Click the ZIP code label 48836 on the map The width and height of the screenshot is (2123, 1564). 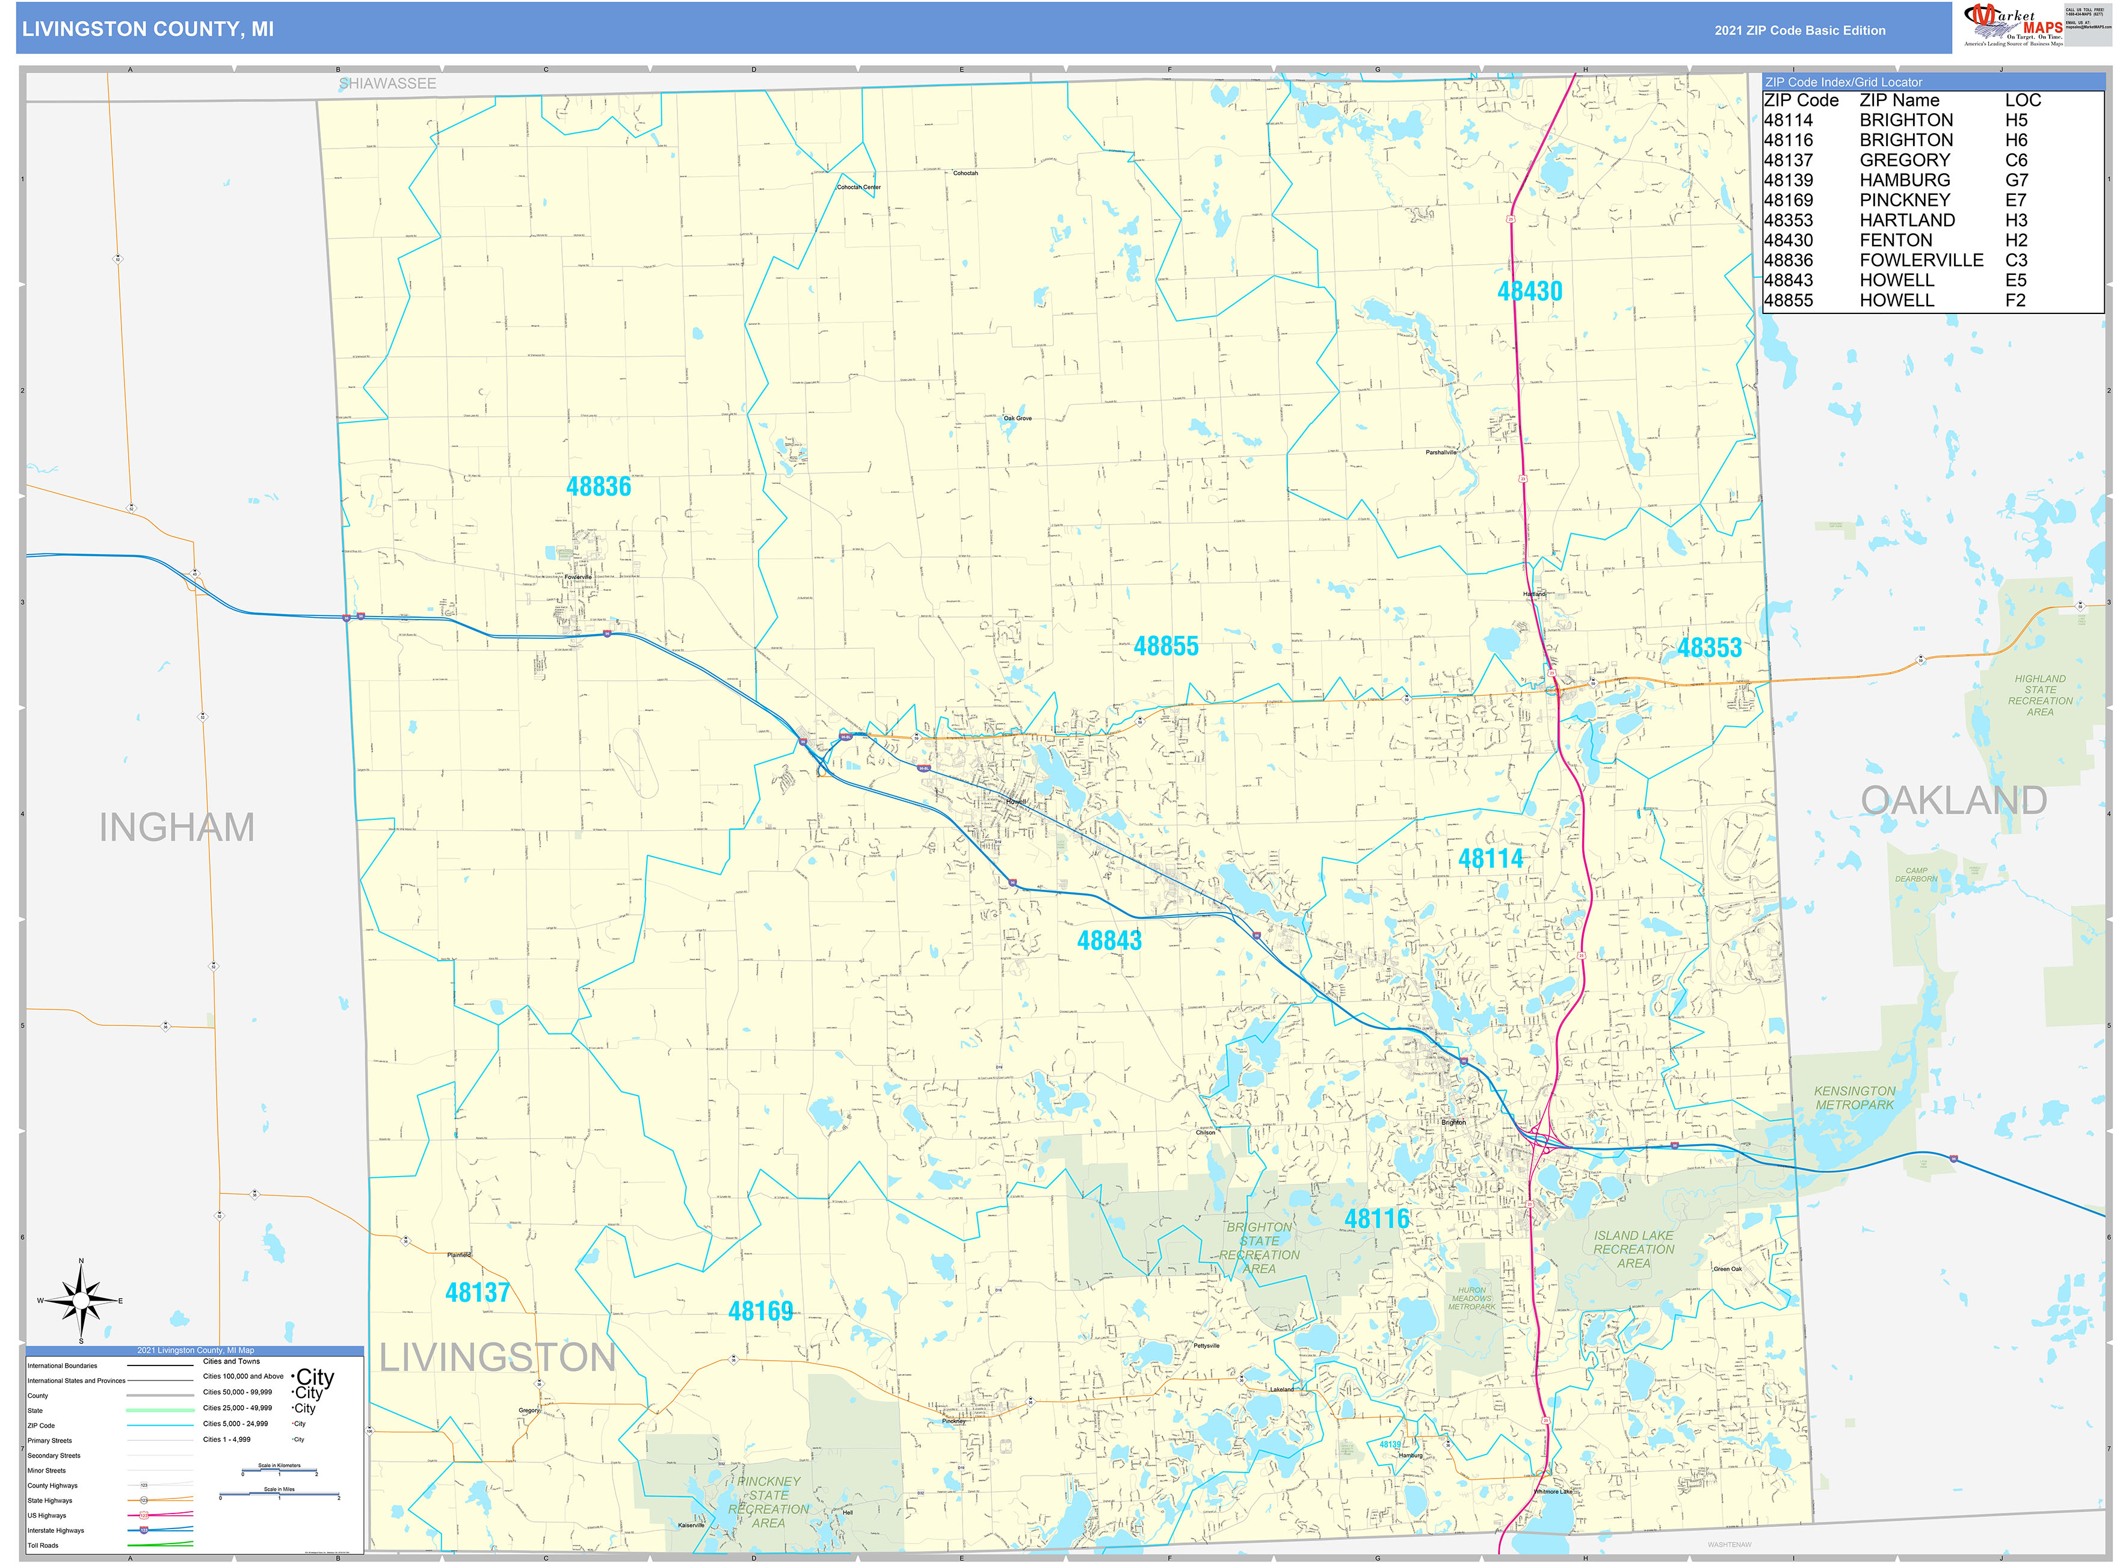[599, 487]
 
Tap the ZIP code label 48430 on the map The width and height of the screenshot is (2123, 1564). [1529, 292]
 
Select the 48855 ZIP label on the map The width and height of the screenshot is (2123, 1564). [1166, 647]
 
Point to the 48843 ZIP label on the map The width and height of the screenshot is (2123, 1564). [1109, 941]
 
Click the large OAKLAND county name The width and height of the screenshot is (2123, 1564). [1953, 801]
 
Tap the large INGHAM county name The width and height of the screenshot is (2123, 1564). [177, 828]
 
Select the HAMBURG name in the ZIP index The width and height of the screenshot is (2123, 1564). [1904, 180]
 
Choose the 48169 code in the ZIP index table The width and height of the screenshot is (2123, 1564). [1788, 200]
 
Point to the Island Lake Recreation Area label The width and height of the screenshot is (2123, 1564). [1633, 1249]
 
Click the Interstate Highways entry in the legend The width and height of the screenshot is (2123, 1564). [56, 1530]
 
